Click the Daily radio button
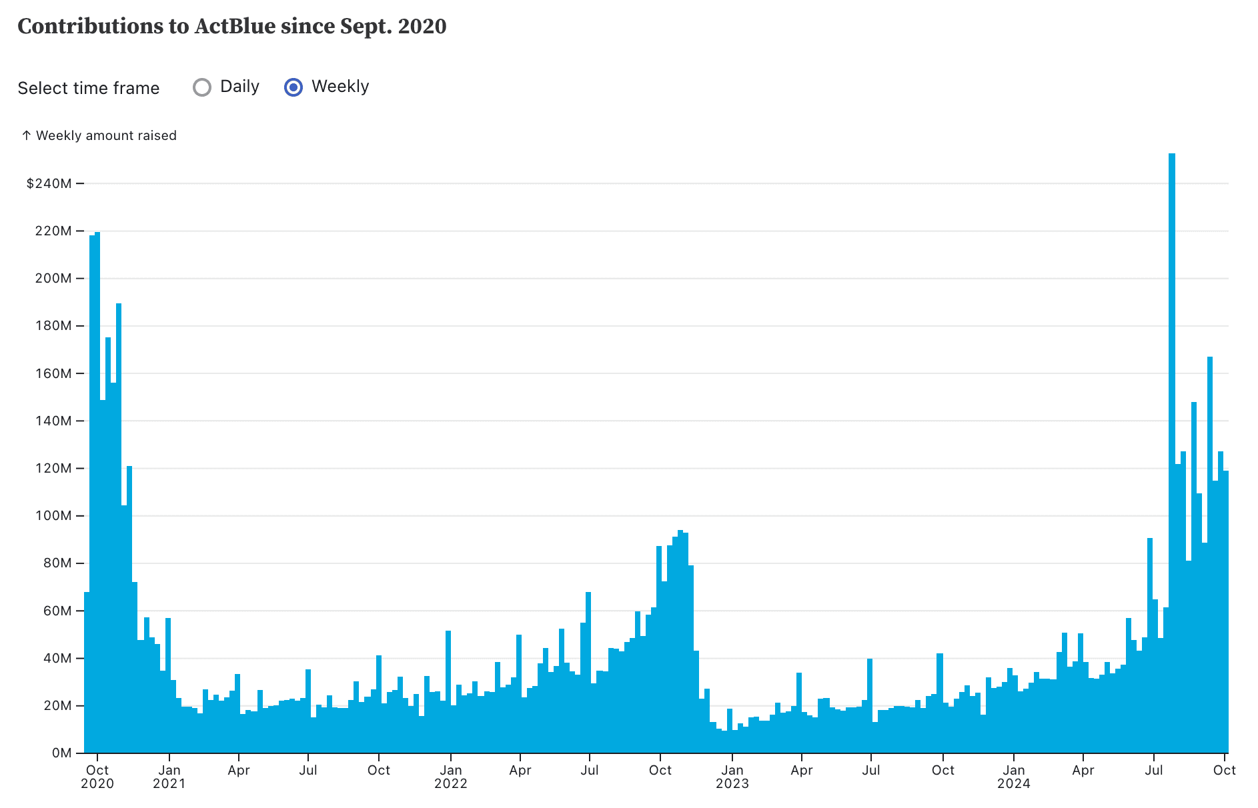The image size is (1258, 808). point(202,87)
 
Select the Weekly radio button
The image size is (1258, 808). point(293,87)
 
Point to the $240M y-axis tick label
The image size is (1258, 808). point(49,183)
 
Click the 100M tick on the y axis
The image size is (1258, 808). point(53,516)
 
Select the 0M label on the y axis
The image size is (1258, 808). point(61,753)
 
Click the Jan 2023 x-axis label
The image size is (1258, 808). point(732,777)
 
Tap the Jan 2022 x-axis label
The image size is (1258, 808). point(451,777)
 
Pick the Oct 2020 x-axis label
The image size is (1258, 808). point(97,777)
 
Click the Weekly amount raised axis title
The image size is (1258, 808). point(106,135)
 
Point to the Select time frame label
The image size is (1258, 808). point(89,88)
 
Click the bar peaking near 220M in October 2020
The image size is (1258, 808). point(97,493)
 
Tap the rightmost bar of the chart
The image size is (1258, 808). point(1226,613)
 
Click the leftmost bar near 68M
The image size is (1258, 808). point(87,673)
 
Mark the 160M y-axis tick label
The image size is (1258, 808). point(53,373)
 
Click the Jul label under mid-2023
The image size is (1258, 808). point(871,771)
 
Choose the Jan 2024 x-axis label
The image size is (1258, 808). point(1014,777)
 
